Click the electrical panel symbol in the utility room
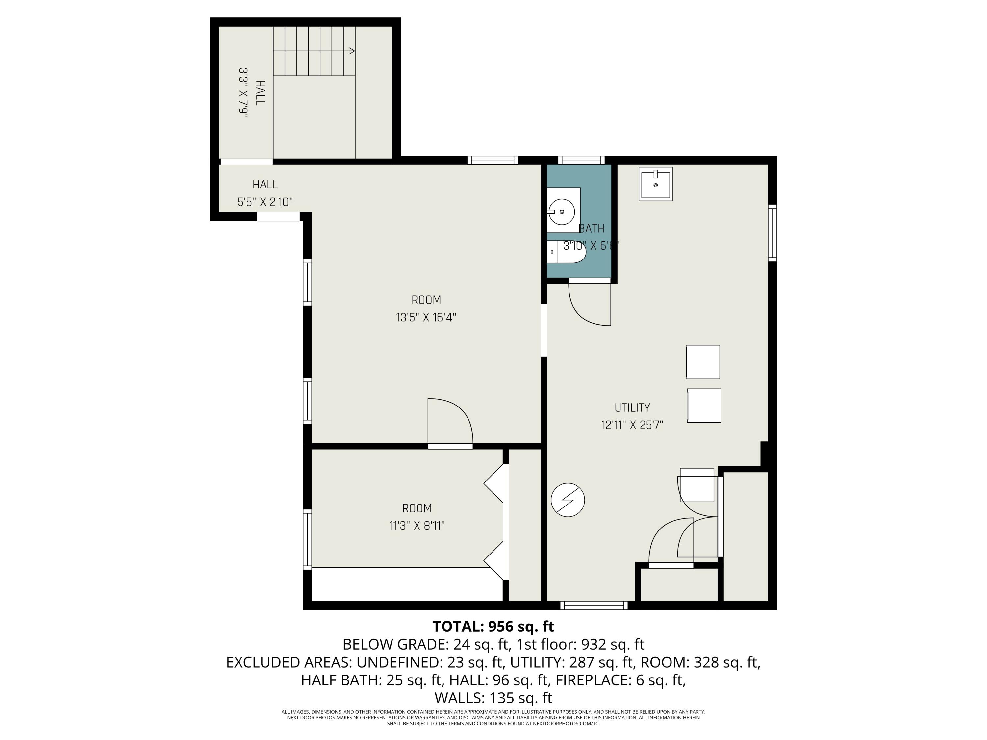[x=568, y=500]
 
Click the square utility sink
[x=655, y=184]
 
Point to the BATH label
[x=591, y=228]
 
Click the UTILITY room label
[x=632, y=407]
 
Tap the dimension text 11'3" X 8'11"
[x=417, y=526]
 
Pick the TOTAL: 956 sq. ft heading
[x=493, y=626]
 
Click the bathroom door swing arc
[x=585, y=308]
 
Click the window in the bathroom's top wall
[x=581, y=160]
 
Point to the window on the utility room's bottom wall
[x=594, y=605]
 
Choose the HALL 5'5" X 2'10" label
[x=265, y=193]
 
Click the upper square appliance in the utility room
[x=702, y=362]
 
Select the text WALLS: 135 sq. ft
[x=493, y=697]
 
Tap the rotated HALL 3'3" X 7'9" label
[x=251, y=93]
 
